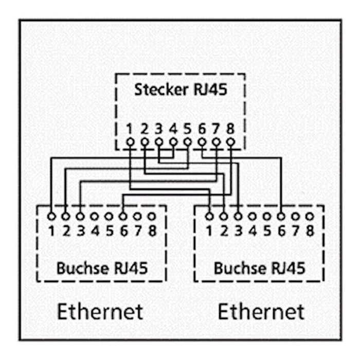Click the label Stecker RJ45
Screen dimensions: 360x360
[x=181, y=89]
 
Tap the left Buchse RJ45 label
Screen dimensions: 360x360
[x=102, y=268]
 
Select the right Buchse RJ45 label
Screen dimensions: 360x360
[x=259, y=268]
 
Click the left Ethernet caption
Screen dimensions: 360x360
[x=100, y=311]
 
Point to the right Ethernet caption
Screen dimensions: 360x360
[x=261, y=311]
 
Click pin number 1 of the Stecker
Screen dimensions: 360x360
[x=130, y=129]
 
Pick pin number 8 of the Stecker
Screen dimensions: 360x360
[x=230, y=129]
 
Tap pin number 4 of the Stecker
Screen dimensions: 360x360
[x=173, y=129]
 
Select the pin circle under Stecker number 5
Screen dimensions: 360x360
[x=188, y=142]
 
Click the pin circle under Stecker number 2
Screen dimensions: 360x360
[x=145, y=142]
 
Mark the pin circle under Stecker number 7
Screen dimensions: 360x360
[x=216, y=142]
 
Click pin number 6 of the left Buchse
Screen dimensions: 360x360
[x=124, y=231]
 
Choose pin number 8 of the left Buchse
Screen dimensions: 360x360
[x=152, y=231]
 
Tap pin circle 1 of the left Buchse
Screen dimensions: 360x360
[x=51, y=217]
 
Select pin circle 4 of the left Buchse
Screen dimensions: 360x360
[x=94, y=217]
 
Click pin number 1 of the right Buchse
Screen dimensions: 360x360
[x=209, y=231]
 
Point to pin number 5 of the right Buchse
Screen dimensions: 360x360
[x=267, y=231]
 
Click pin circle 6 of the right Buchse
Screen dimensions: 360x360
[x=281, y=217]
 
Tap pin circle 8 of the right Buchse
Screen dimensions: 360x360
[x=310, y=217]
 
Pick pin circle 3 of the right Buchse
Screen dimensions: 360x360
[x=238, y=217]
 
